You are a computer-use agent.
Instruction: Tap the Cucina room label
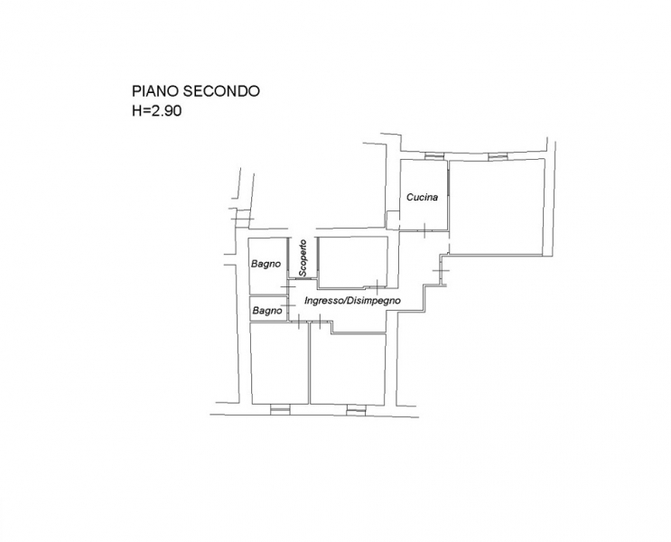pos(422,197)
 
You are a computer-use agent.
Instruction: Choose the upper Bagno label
pos(265,265)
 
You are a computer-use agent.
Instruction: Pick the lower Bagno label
pos(267,311)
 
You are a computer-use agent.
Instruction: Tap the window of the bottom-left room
pos(280,409)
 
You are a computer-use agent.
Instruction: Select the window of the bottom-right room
pos(356,409)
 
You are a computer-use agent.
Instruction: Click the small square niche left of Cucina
pos(393,218)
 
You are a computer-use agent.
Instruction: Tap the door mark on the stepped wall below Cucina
pos(441,272)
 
